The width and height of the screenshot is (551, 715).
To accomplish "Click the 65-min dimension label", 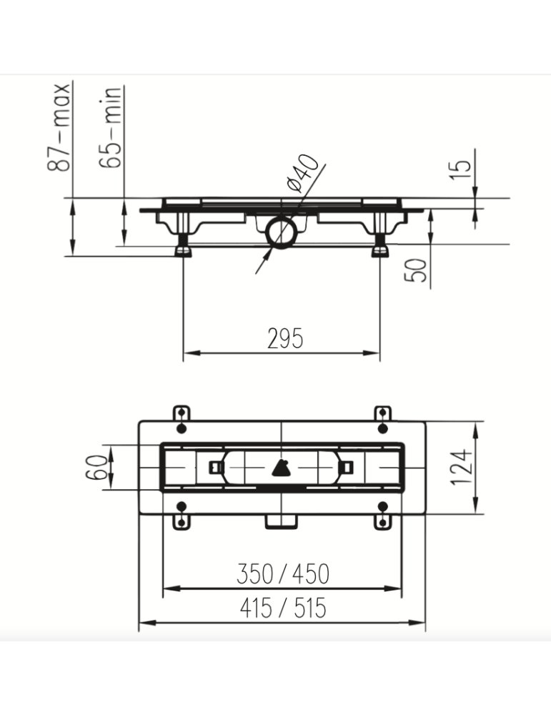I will tap(112, 127).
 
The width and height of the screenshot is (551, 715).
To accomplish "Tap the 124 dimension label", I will tap(462, 468).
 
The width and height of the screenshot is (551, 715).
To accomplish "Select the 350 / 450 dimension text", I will tap(283, 573).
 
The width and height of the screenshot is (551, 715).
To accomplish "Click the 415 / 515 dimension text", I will tap(283, 608).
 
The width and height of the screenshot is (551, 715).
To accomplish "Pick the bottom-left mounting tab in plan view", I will tap(182, 521).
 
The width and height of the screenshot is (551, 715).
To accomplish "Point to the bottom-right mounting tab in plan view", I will tap(383, 521).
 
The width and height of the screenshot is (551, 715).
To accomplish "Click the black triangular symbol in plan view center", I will tap(281, 468).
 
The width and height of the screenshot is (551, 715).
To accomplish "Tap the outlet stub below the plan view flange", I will tap(281, 521).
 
